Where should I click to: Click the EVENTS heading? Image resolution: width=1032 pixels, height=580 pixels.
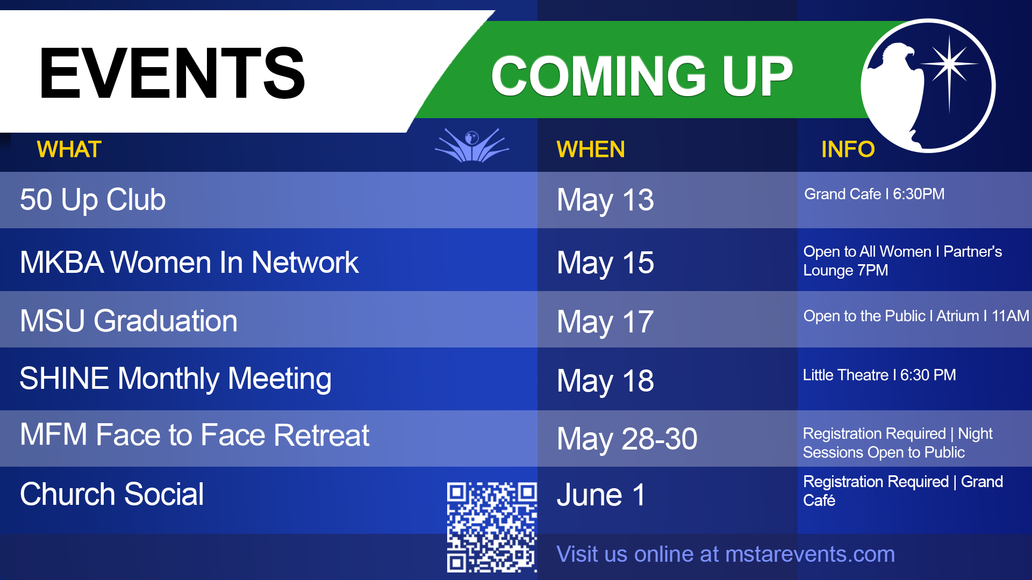pos(172,73)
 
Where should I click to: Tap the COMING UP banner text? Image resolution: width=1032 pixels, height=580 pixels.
pos(642,76)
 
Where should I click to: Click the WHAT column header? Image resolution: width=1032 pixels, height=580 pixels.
pos(69,149)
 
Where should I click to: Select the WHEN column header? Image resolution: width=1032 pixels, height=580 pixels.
pos(590,149)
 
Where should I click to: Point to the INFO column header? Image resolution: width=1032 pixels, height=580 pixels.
pos(848,149)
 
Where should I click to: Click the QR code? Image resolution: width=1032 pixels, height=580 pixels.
pos(492,527)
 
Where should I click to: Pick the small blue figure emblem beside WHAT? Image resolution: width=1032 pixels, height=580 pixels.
pos(472,145)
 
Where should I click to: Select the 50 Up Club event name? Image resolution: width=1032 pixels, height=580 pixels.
pos(92,200)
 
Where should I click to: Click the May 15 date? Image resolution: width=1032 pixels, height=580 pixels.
pos(605,263)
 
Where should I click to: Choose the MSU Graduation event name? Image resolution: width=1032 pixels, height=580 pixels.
pos(128,321)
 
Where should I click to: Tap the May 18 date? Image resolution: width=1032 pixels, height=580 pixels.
pos(605,381)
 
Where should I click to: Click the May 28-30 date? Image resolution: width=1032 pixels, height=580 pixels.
pos(627,439)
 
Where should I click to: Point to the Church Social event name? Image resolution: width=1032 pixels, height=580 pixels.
pos(112,494)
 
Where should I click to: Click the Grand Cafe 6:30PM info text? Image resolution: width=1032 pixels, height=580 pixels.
pos(874,194)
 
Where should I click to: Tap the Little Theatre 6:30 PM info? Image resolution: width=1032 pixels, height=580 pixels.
pos(879,375)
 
